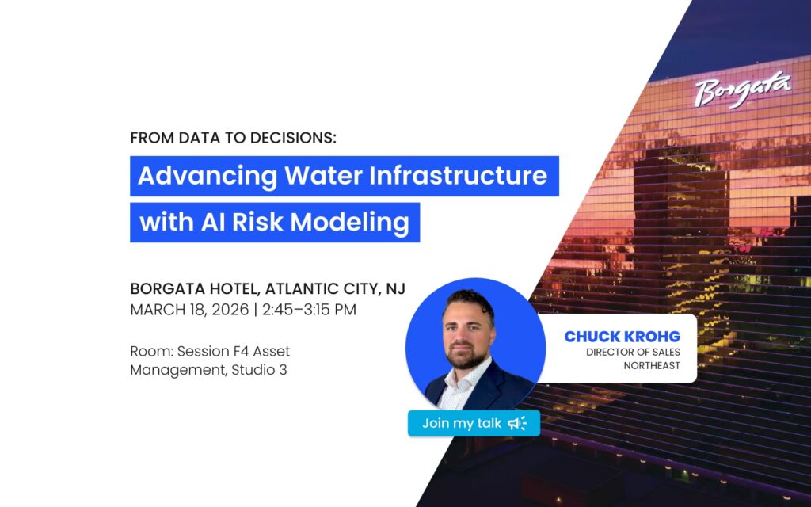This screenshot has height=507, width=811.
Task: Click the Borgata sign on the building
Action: click(x=743, y=90)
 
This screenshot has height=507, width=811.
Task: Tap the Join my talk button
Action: click(x=474, y=423)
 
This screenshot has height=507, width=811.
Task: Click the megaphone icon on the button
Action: click(x=516, y=423)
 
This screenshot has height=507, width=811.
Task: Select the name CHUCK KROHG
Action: click(x=623, y=336)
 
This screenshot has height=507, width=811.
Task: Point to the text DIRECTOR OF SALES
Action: click(x=633, y=353)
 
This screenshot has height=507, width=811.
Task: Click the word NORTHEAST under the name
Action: click(x=652, y=366)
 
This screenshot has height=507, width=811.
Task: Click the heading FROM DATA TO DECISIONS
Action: click(x=234, y=138)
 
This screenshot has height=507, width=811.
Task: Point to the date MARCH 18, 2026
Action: click(x=189, y=310)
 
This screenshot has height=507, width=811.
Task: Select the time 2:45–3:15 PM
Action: click(x=309, y=310)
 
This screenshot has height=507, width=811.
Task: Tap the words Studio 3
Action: click(x=259, y=370)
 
